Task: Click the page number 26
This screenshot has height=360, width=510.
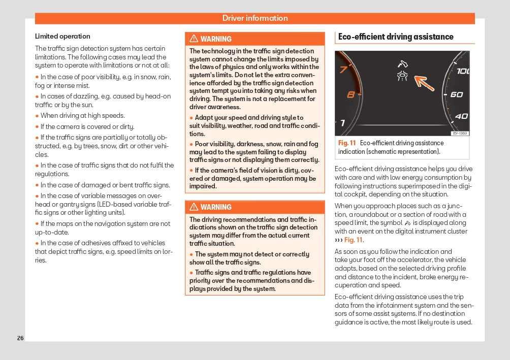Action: pyautogui.click(x=20, y=338)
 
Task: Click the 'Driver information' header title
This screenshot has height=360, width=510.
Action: pyautogui.click(x=255, y=18)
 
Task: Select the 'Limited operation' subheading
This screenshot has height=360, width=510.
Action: pyautogui.click(x=62, y=37)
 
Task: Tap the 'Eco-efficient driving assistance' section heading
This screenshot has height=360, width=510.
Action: pyautogui.click(x=396, y=37)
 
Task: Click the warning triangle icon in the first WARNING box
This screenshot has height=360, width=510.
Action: pyautogui.click(x=194, y=39)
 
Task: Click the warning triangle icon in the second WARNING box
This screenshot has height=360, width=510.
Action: pyautogui.click(x=194, y=207)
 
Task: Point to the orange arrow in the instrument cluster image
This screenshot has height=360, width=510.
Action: pyautogui.click(x=424, y=83)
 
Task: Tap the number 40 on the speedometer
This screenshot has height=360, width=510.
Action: pyautogui.click(x=461, y=116)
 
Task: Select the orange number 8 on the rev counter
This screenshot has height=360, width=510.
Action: pyautogui.click(x=350, y=94)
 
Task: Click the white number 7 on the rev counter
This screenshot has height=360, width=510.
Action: pyautogui.click(x=342, y=123)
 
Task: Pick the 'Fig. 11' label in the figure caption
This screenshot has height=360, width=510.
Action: pyautogui.click(x=347, y=143)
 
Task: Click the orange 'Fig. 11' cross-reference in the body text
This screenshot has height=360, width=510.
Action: pyautogui.click(x=354, y=240)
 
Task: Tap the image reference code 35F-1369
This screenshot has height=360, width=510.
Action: pyautogui.click(x=460, y=134)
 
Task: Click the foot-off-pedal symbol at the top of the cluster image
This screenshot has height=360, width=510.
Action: pyautogui.click(x=402, y=65)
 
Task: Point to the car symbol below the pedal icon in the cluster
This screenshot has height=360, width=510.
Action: pyautogui.click(x=402, y=77)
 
